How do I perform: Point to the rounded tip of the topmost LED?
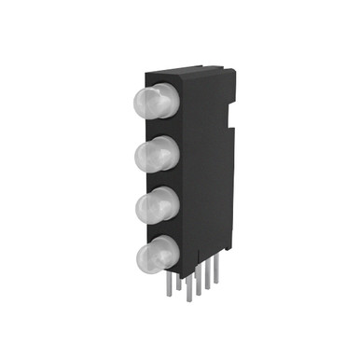point(141,101)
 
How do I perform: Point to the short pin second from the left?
point(179,282)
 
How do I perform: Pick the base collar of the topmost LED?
point(171,100)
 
